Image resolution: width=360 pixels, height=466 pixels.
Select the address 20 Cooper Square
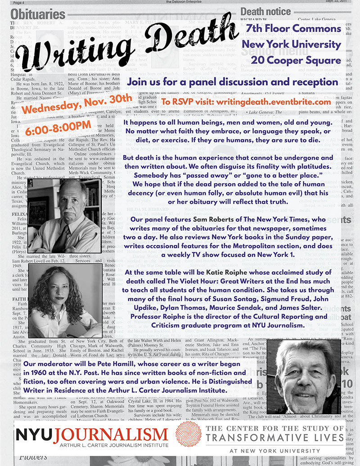click(x=296, y=60)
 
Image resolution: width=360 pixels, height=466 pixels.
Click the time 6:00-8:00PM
click(x=80, y=117)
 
